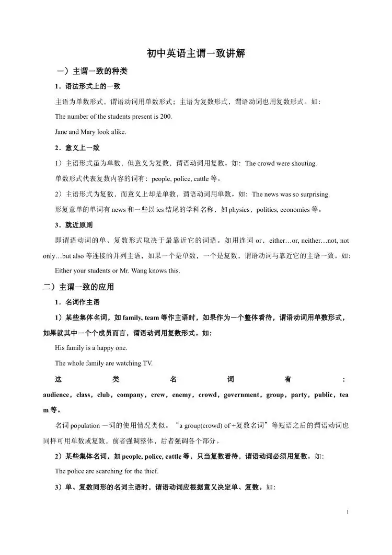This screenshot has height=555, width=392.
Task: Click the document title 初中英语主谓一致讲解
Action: pos(196,53)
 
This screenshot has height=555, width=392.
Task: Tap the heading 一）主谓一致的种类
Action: pos(92,71)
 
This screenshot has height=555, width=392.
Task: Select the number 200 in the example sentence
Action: pos(166,116)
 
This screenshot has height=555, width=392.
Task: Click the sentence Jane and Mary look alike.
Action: pos(90,132)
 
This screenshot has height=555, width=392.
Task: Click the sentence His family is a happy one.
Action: pos(91,348)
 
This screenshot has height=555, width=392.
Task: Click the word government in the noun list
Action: pos(241,394)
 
